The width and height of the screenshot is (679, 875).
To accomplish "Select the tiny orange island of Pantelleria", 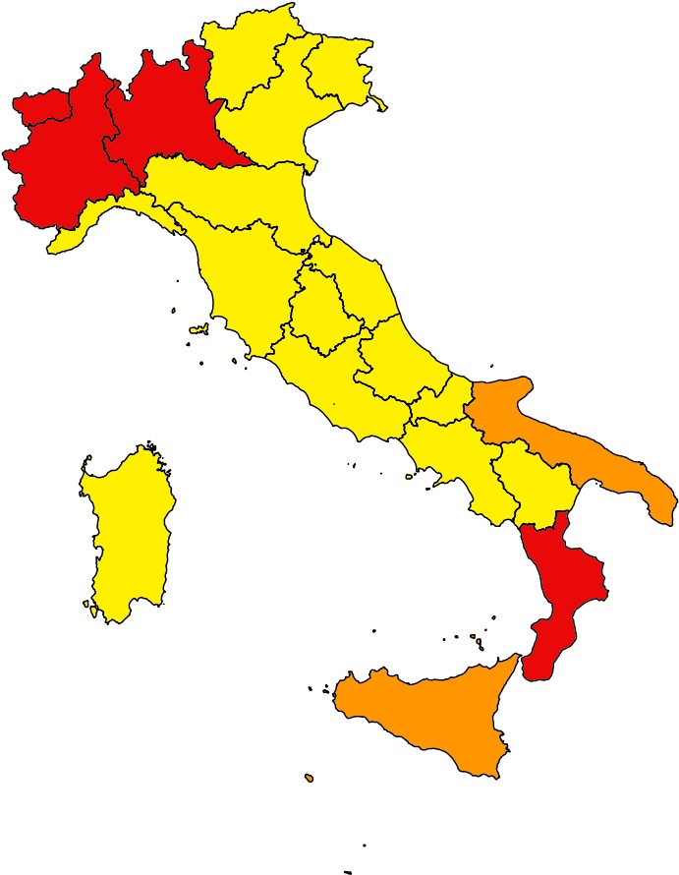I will (x=309, y=778).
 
